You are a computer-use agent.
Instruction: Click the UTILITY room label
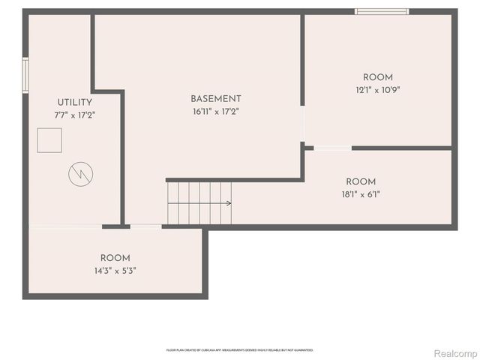pyautogui.click(x=74, y=103)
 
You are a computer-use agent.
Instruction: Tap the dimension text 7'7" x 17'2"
pyautogui.click(x=74, y=115)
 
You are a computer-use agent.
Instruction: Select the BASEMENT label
pyautogui.click(x=216, y=99)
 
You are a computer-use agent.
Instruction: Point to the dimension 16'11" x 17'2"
pyautogui.click(x=216, y=111)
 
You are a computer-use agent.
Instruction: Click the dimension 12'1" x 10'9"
pyautogui.click(x=377, y=90)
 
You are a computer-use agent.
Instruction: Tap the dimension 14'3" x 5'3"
pyautogui.click(x=115, y=270)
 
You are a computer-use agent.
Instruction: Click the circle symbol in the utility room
pyautogui.click(x=79, y=175)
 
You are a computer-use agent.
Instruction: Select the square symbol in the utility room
pyautogui.click(x=50, y=140)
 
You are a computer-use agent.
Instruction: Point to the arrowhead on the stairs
pyautogui.click(x=228, y=203)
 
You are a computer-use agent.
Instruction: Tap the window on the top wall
pyautogui.click(x=382, y=11)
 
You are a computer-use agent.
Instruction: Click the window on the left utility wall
pyautogui.click(x=25, y=75)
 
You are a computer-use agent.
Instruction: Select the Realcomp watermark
pyautogui.click(x=454, y=352)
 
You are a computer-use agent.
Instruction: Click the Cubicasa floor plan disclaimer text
pyautogui.click(x=239, y=349)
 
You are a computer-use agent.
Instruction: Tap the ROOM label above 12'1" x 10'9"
pyautogui.click(x=377, y=78)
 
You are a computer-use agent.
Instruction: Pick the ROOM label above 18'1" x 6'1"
pyautogui.click(x=361, y=181)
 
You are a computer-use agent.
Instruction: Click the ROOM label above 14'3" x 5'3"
pyautogui.click(x=115, y=258)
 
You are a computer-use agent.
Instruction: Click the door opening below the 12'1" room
pyautogui.click(x=332, y=148)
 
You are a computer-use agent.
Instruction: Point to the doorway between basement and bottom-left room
pyautogui.click(x=145, y=226)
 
